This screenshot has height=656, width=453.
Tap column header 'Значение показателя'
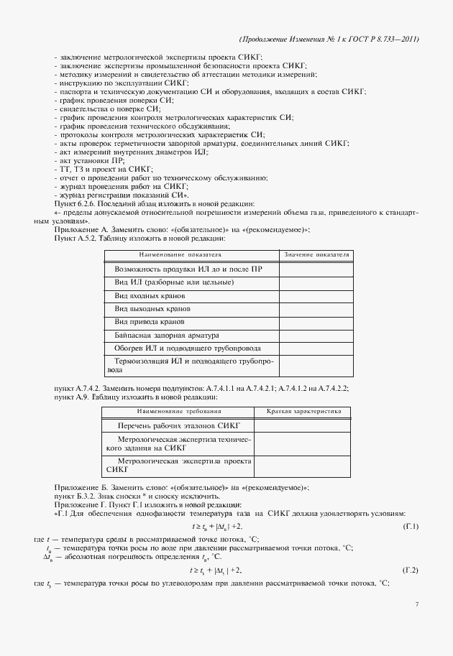coord(316,254)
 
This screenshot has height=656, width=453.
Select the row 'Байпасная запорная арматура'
coord(167,335)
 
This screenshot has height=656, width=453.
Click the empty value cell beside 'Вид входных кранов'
coord(316,295)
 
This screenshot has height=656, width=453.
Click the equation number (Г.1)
coord(411,526)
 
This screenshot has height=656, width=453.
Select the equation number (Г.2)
coord(411,570)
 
